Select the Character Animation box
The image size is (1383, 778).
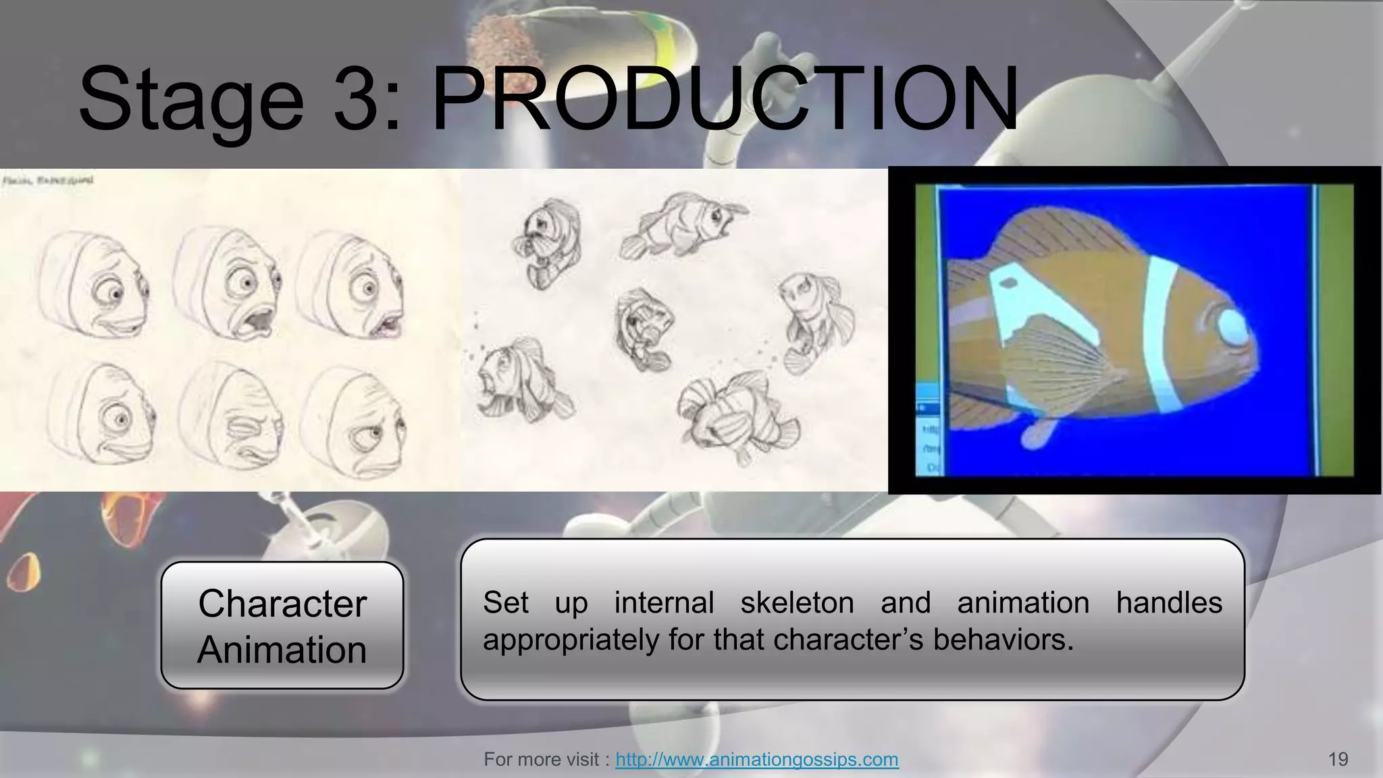(x=282, y=625)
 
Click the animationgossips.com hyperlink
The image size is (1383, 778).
(x=756, y=760)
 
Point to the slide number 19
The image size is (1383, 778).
(x=1337, y=760)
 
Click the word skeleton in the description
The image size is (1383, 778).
(x=797, y=602)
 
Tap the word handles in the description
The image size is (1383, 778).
(x=1169, y=602)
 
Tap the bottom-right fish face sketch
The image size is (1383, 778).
(x=355, y=419)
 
